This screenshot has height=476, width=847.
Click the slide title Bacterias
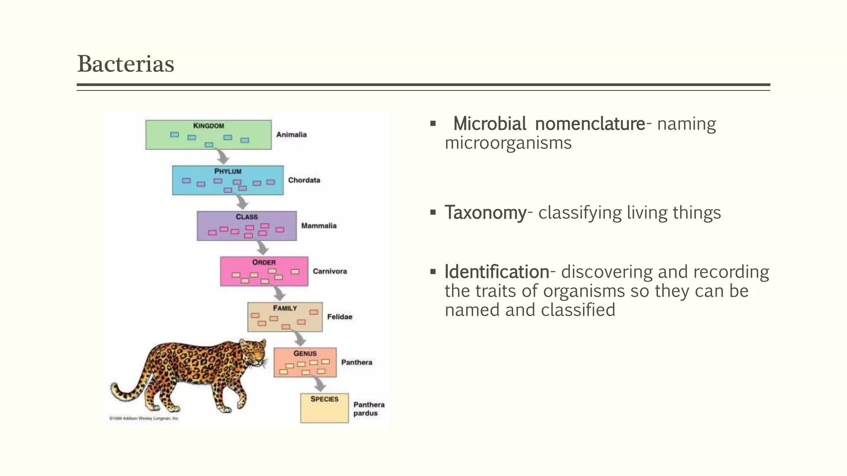point(126,64)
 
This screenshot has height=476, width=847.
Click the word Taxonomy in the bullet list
point(485,212)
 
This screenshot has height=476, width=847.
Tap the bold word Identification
point(497,272)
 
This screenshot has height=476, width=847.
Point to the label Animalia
point(291,135)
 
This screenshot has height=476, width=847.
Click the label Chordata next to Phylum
point(304,180)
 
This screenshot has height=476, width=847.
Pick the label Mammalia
point(318,226)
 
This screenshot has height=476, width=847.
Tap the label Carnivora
point(330,271)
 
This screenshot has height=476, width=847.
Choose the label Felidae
point(340,317)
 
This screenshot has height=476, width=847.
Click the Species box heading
point(324,399)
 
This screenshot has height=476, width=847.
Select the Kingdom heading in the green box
point(208,126)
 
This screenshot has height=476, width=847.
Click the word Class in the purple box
point(246,217)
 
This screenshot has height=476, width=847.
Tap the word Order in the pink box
point(264,262)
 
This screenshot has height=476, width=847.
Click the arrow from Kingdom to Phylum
point(223,157)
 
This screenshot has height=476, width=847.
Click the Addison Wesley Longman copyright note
point(144,419)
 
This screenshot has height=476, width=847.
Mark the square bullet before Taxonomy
point(433,212)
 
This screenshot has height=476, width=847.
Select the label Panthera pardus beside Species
point(368,409)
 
